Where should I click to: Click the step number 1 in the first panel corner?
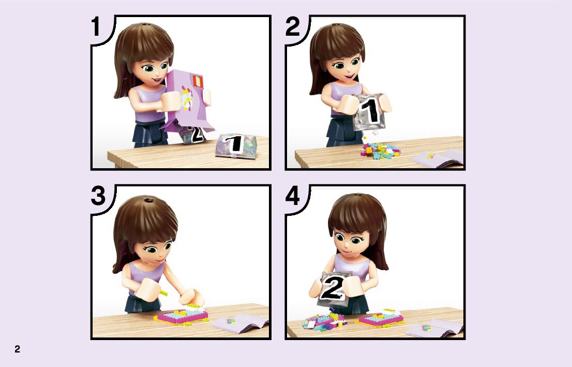pos(96,26)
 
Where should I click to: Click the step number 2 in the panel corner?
pos(293,26)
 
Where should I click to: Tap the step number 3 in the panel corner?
pos(98,196)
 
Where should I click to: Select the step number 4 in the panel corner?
pos(293,196)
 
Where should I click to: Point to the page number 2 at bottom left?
pos(17,349)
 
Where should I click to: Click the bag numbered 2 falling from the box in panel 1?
pos(192,133)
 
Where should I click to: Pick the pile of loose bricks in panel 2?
pos(380,151)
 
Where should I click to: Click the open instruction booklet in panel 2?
pos(438,158)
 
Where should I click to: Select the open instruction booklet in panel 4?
pos(434,328)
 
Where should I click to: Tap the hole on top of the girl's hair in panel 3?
pos(148,200)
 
